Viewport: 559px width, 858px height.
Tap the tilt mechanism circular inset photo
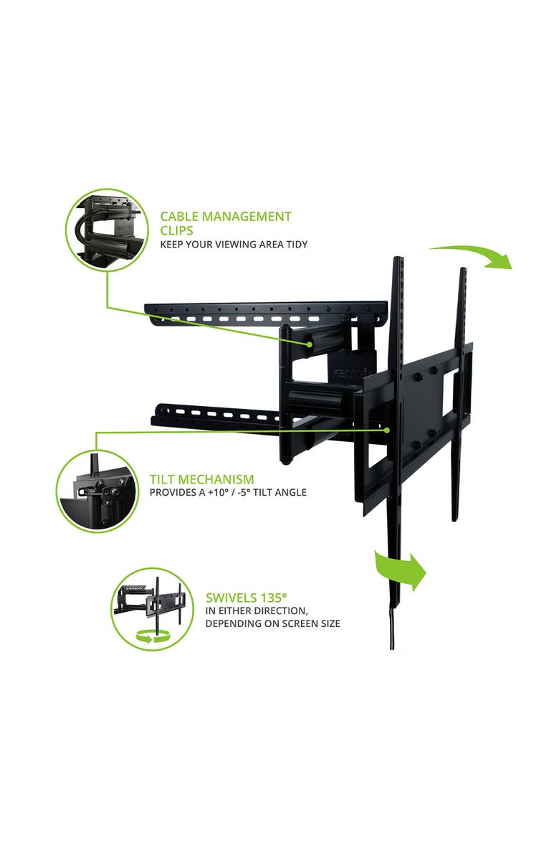(97, 491)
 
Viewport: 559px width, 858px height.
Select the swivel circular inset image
(153, 608)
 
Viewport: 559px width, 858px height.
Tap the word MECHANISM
(219, 479)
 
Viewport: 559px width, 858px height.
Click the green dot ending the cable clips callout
(309, 344)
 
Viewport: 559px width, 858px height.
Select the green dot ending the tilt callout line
(387, 430)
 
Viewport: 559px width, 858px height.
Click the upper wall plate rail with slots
(265, 311)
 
